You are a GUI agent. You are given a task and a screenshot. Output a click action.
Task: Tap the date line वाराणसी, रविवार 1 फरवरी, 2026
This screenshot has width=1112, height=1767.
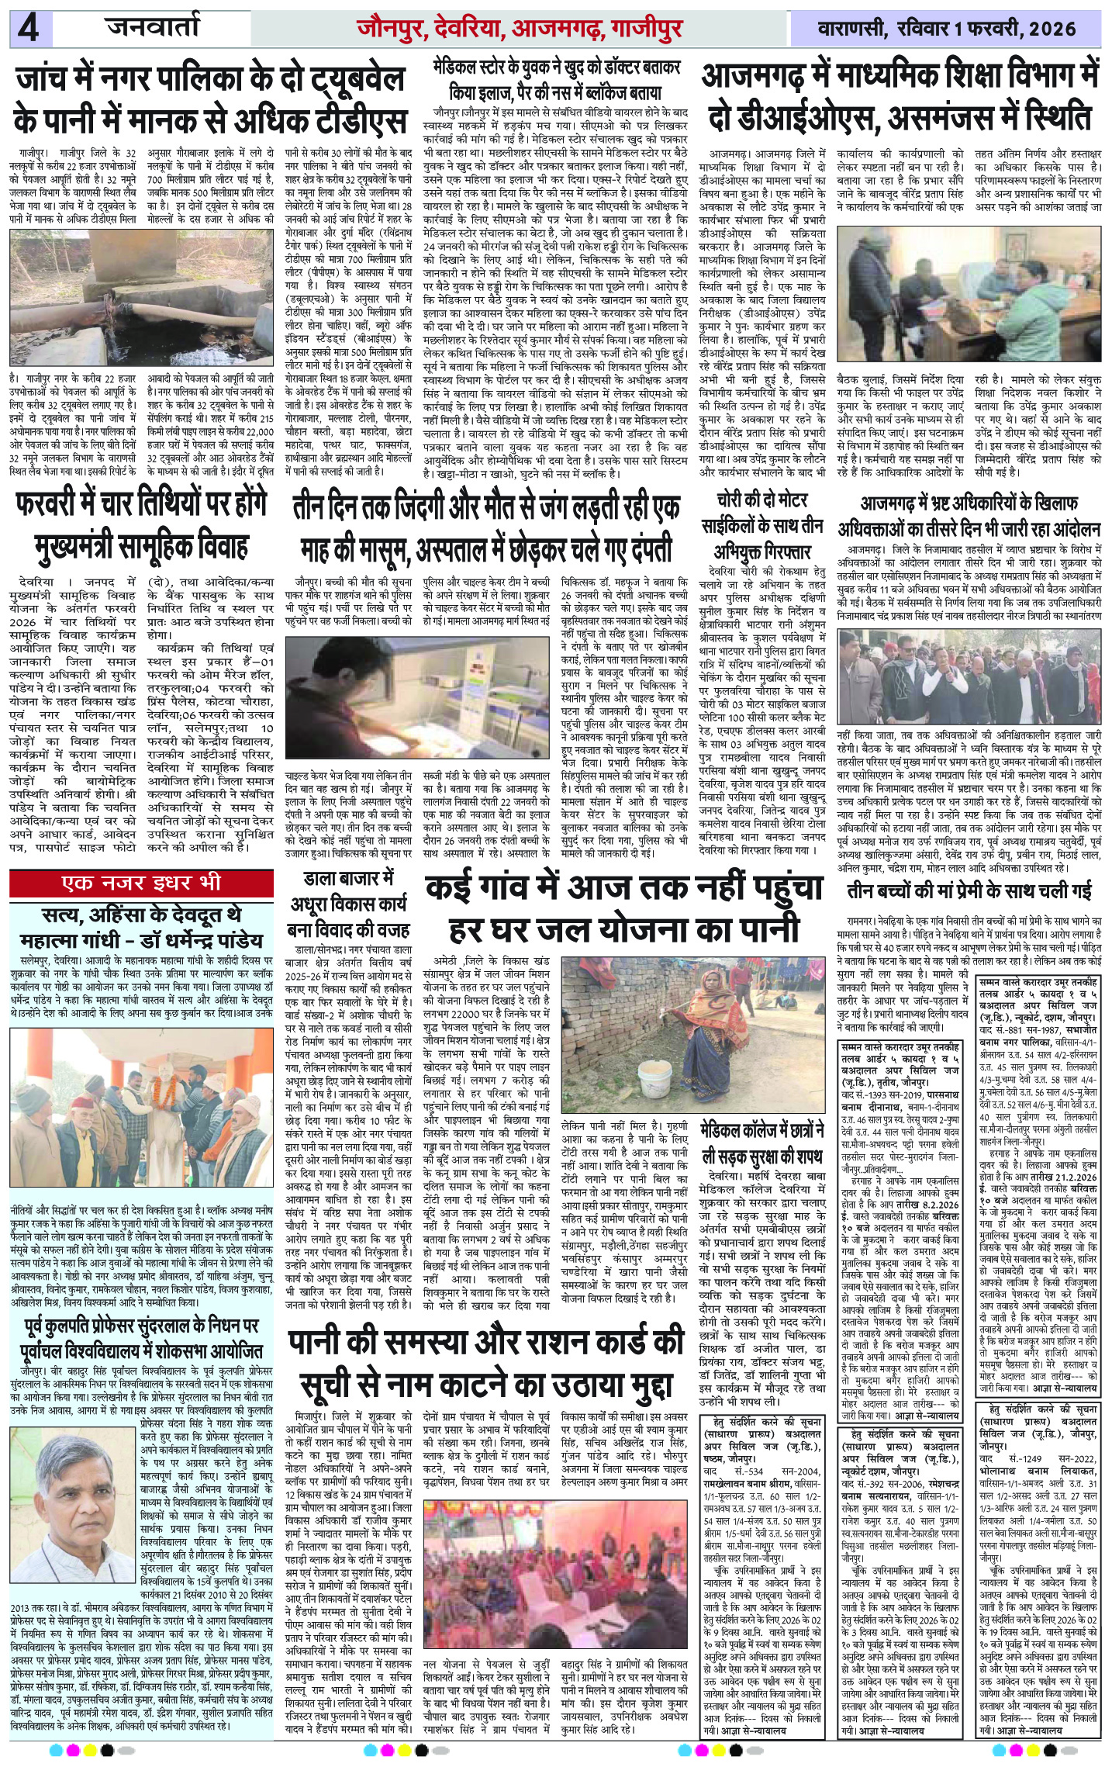[947, 29]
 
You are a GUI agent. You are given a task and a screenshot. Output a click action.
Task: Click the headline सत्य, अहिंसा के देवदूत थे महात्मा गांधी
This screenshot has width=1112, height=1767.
[142, 928]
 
